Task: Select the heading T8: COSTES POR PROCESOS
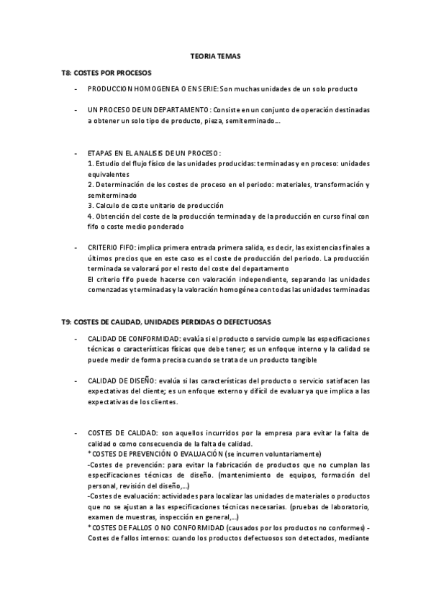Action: point(106,73)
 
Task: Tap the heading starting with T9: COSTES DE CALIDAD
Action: point(166,321)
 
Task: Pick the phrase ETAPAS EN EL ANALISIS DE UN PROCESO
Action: point(153,153)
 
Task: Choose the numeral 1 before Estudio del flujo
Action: point(89,163)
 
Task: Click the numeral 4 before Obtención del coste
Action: point(89,216)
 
